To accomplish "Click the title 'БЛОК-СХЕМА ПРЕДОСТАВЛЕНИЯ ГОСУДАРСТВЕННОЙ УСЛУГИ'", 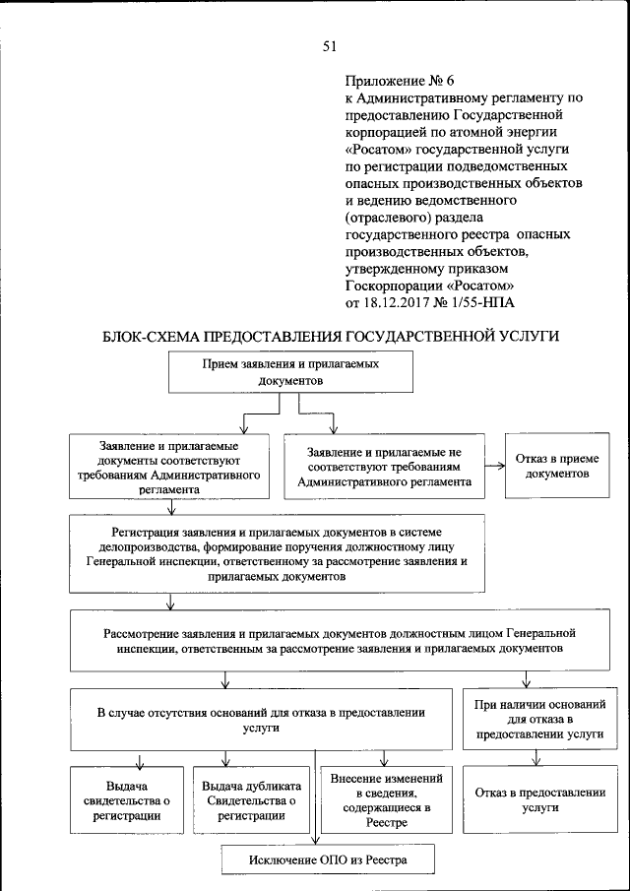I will pos(331,337).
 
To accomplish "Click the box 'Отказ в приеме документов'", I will pos(556,465).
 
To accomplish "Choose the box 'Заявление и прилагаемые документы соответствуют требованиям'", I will pos(172,466).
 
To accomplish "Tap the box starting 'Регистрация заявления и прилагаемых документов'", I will pos(289,552).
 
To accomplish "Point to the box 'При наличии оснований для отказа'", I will pos(537,720).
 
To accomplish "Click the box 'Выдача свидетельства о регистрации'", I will pos(128,800).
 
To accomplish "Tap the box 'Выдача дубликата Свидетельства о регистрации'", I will pos(249,800).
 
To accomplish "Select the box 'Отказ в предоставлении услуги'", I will pos(537,799).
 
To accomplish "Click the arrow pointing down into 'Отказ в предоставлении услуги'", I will pos(536,758).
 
